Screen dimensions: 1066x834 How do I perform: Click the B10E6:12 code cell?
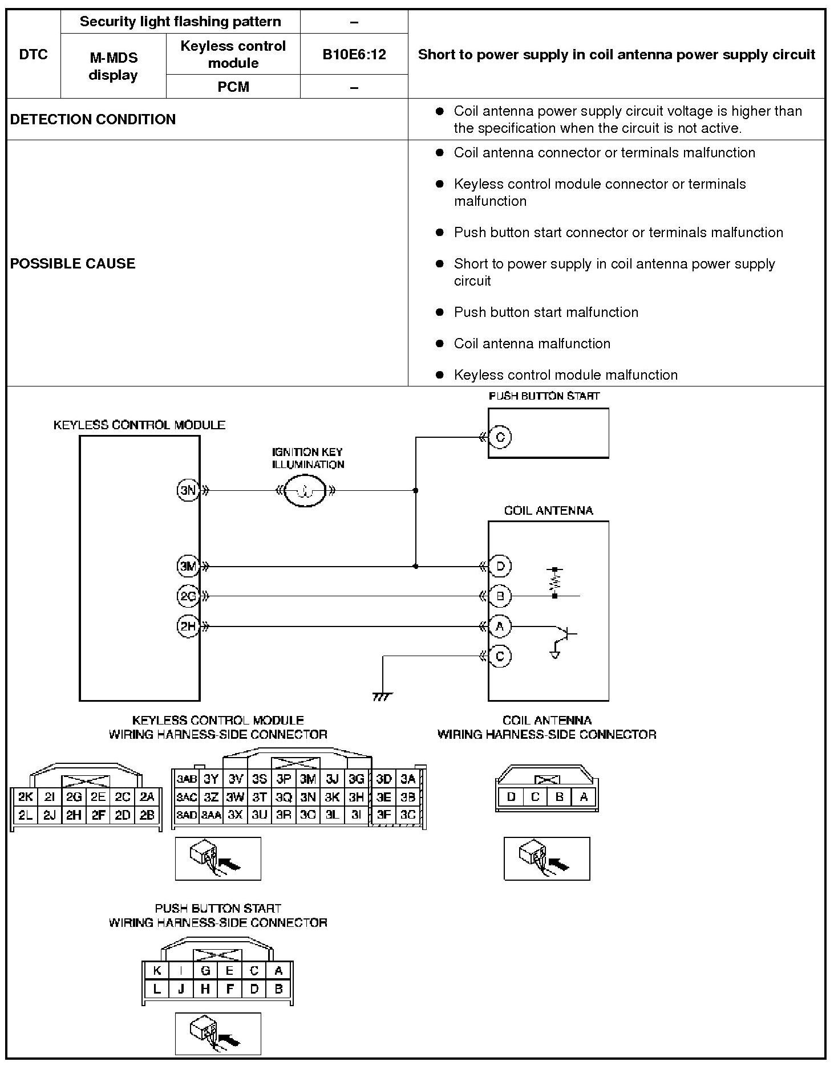tap(354, 54)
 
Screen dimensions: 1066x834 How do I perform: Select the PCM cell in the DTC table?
tap(233, 87)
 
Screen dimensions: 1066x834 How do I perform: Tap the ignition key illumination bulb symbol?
tap(305, 490)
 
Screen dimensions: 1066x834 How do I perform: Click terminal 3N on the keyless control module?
tap(188, 490)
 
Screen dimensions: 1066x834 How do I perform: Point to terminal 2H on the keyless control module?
tap(188, 626)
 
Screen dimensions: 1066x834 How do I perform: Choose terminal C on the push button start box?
tap(500, 437)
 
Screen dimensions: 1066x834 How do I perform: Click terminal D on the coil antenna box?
tap(500, 567)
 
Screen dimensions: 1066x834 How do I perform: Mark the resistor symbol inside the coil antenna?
tap(554, 582)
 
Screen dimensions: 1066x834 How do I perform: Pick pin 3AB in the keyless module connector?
tap(187, 779)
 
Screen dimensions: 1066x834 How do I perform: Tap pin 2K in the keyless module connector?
tap(25, 797)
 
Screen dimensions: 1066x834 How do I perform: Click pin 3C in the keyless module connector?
tap(408, 815)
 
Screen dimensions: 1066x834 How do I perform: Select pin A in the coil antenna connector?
tap(584, 797)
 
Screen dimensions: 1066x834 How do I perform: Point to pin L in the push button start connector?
tap(157, 989)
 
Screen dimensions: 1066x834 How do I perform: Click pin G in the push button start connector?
tap(205, 971)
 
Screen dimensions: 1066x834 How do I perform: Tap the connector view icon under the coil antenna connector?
tap(546, 859)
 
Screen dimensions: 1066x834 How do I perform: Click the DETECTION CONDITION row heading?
tap(93, 119)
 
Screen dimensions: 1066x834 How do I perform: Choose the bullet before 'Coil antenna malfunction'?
tap(439, 344)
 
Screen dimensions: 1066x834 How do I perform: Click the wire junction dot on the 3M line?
tap(416, 567)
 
